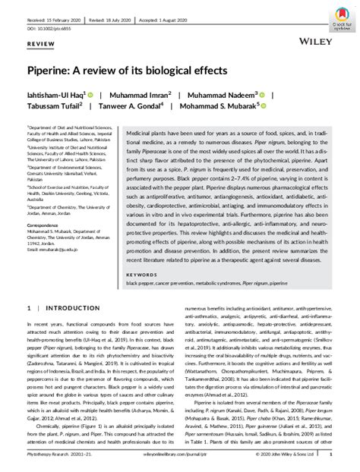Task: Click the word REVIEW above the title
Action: pos(42,46)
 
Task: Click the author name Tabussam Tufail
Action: pos(55,106)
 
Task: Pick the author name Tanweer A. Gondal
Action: pos(137,106)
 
